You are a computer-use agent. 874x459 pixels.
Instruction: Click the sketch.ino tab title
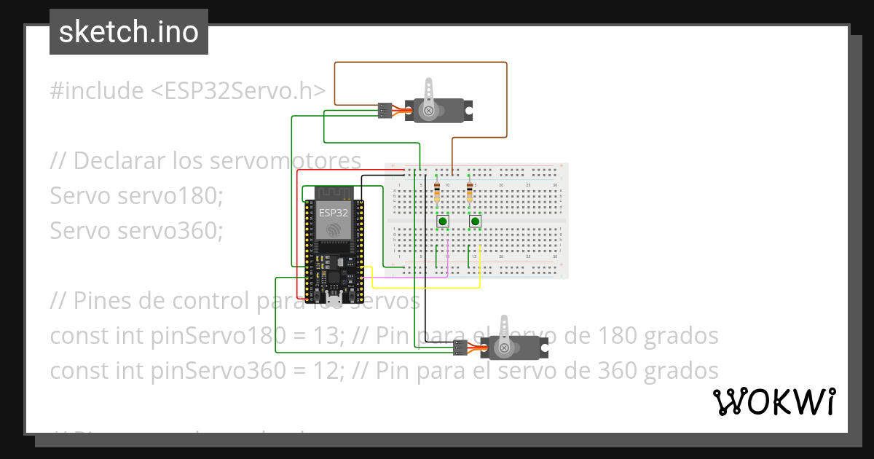click(x=129, y=32)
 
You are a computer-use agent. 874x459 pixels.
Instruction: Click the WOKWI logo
click(x=773, y=401)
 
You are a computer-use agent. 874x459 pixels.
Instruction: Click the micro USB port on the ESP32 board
click(x=334, y=299)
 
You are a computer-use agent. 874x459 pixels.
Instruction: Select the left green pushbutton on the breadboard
click(x=443, y=221)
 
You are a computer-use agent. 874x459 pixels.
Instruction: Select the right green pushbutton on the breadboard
click(x=476, y=221)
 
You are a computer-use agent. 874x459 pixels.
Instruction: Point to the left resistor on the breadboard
click(x=436, y=192)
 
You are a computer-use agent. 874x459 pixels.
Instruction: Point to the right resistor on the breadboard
click(x=469, y=192)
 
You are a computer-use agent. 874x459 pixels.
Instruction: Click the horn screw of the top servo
click(x=429, y=111)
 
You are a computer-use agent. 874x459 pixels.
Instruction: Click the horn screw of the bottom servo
click(x=503, y=348)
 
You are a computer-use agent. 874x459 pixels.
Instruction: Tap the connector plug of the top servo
click(x=384, y=111)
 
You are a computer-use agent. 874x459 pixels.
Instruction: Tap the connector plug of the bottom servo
click(x=460, y=348)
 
